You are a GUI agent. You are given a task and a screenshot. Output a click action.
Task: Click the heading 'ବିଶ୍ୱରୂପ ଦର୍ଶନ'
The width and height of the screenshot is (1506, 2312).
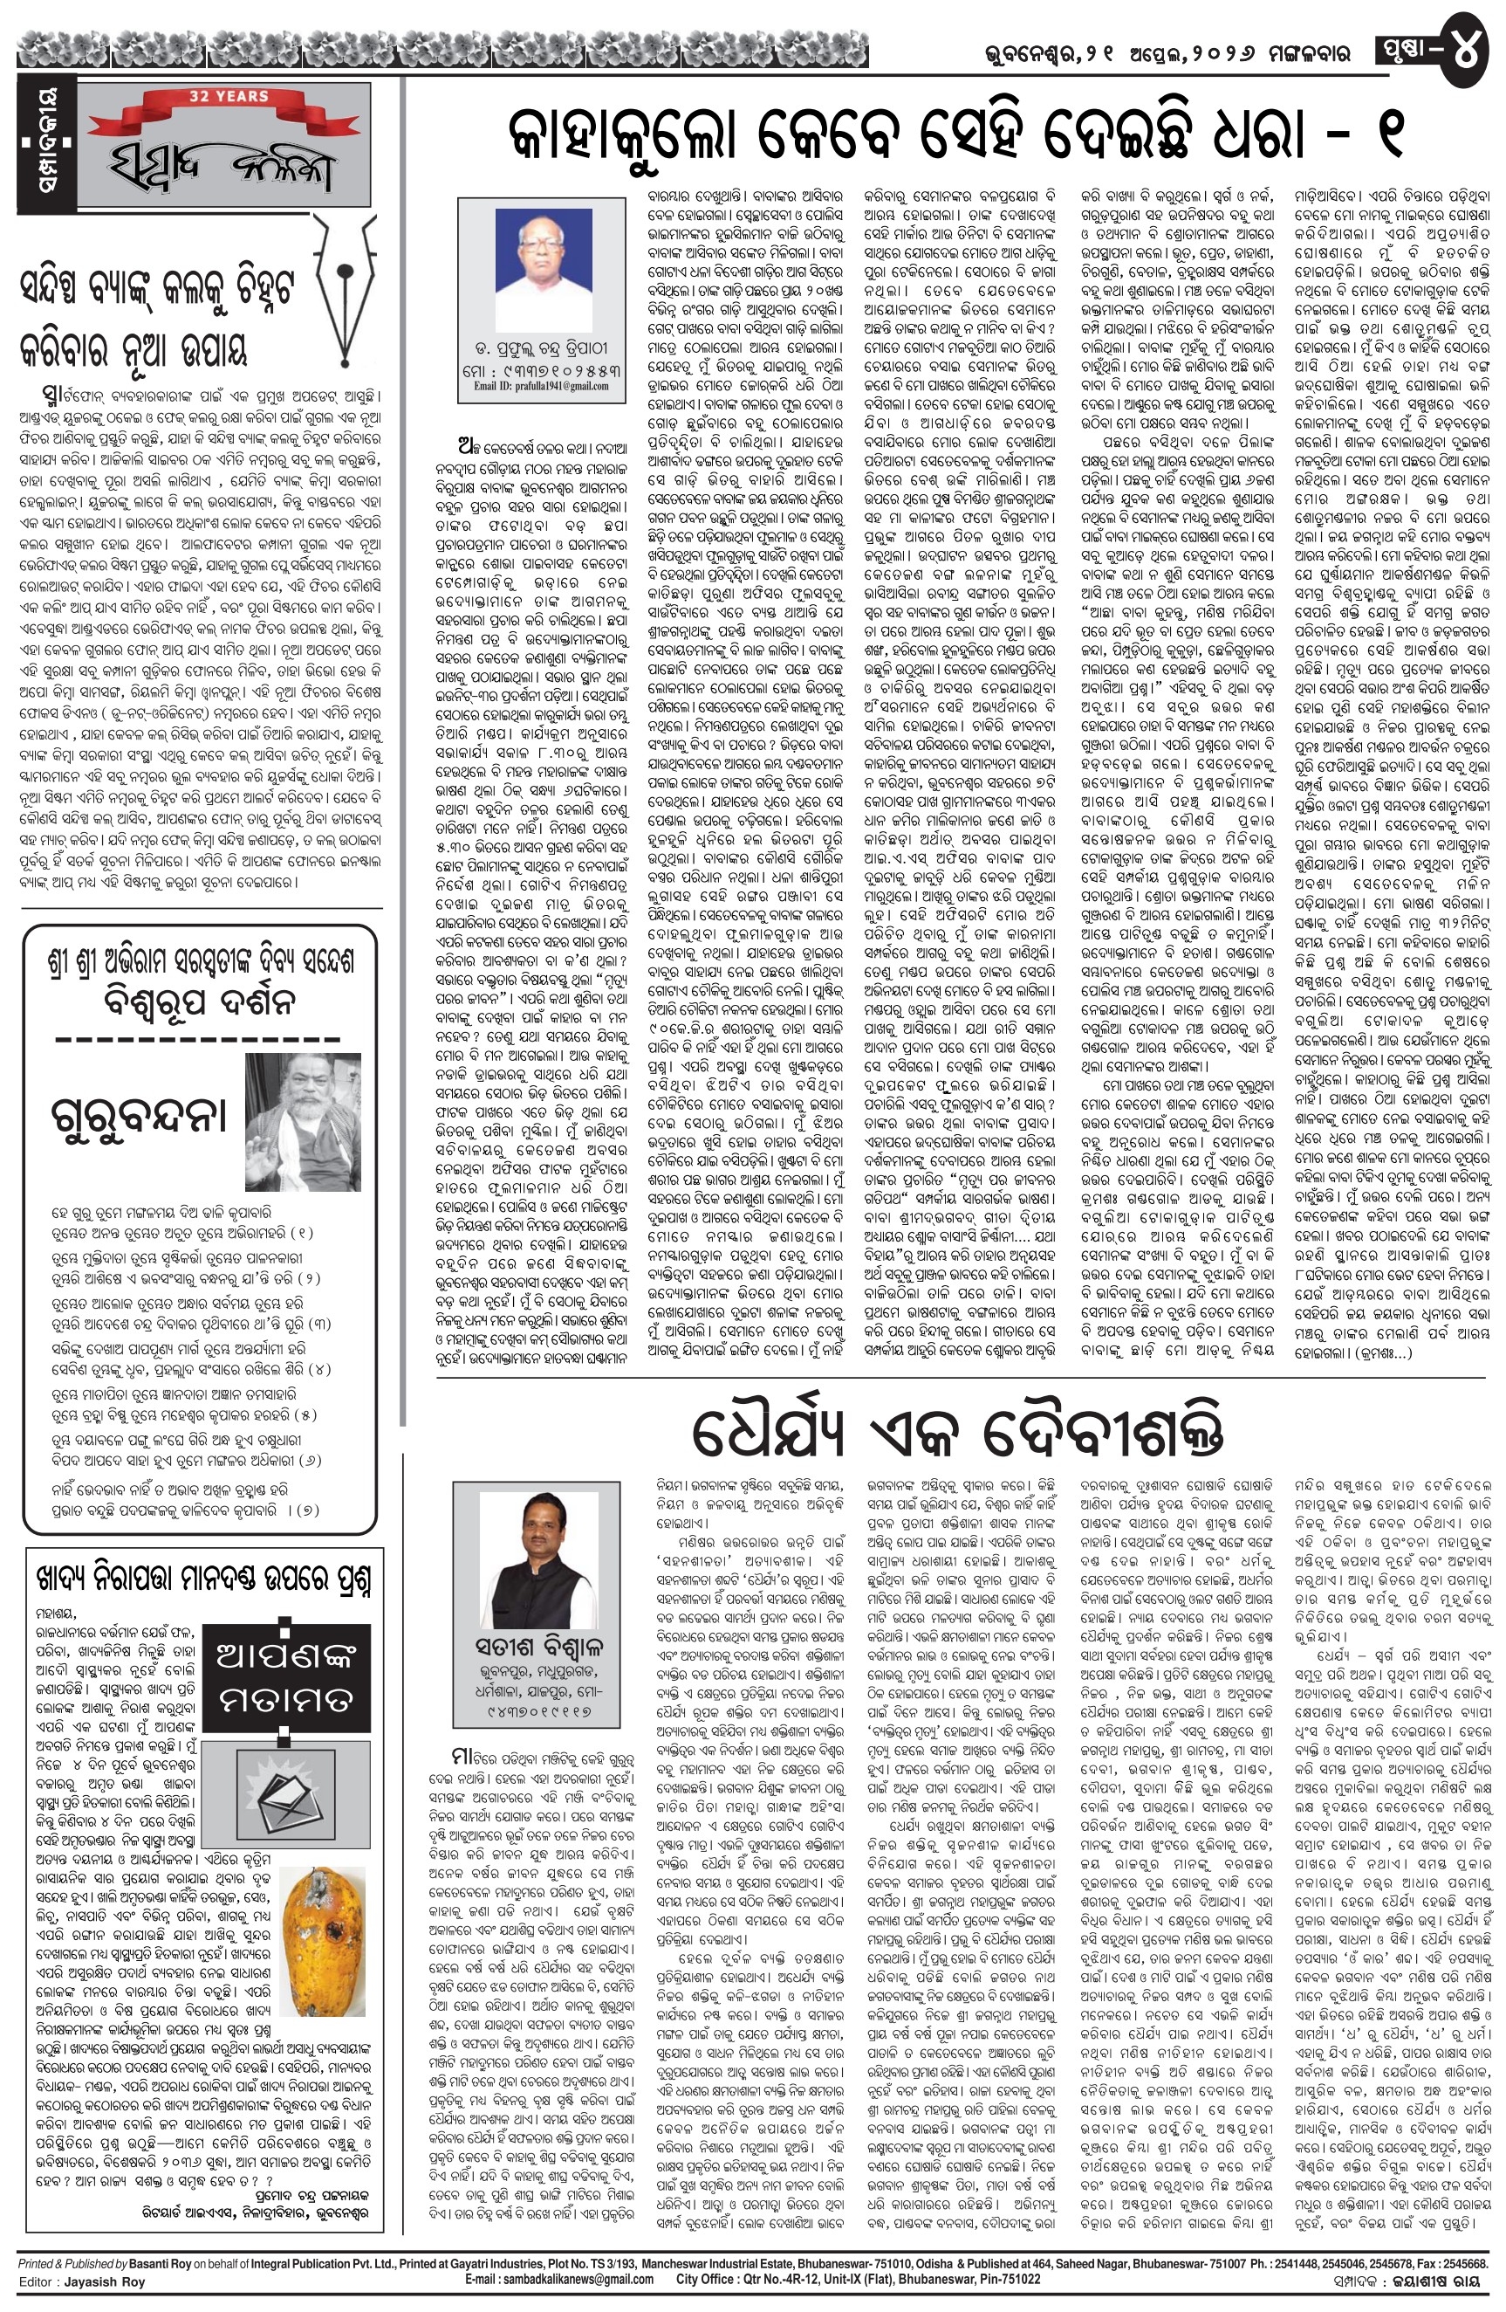click(x=201, y=1001)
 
